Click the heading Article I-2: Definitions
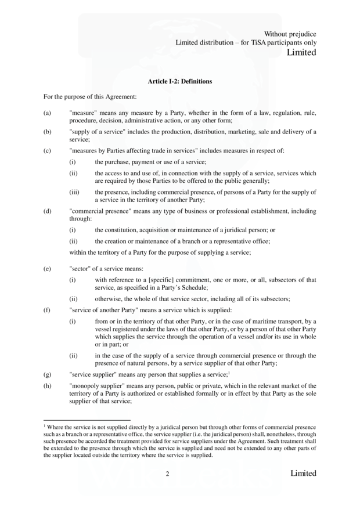[x=180, y=81]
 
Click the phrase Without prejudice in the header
[x=290, y=34]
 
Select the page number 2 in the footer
[x=167, y=474]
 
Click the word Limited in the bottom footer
[x=303, y=474]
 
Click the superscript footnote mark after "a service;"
[x=229, y=373]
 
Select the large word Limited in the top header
[x=302, y=53]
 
